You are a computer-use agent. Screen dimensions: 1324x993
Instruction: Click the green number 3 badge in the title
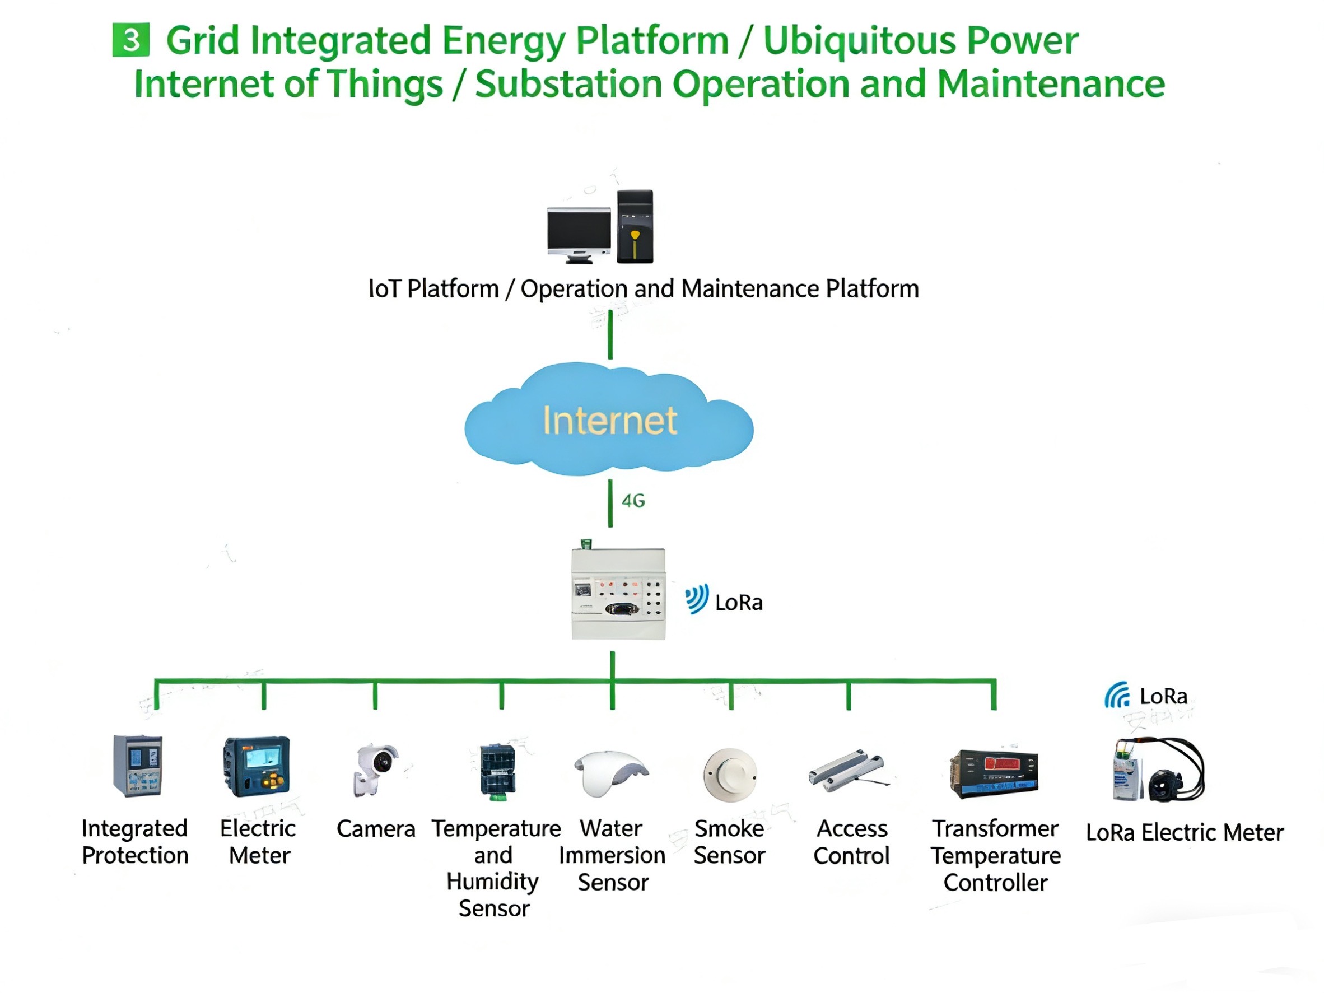point(131,40)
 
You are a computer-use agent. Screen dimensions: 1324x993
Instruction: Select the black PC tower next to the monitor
point(635,226)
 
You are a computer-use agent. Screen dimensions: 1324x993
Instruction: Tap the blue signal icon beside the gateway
point(697,599)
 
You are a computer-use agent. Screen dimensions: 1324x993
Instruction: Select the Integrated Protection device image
point(137,766)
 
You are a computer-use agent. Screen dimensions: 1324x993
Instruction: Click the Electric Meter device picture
point(256,766)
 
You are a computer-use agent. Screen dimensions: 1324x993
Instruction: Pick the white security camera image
point(375,769)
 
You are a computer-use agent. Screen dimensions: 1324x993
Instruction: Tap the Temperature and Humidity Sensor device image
point(497,772)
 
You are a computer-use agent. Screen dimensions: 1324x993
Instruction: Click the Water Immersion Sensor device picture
point(611,773)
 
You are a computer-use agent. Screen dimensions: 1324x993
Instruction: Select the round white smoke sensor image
point(730,775)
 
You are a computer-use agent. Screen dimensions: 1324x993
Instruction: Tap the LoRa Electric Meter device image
point(1158,770)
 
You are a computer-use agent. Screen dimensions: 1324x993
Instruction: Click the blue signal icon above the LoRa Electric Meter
point(1117,695)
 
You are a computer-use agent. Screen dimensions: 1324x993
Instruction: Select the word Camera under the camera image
point(376,829)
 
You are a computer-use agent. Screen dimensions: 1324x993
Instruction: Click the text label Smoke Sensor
point(729,842)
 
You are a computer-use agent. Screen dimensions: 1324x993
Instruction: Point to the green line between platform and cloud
point(610,334)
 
